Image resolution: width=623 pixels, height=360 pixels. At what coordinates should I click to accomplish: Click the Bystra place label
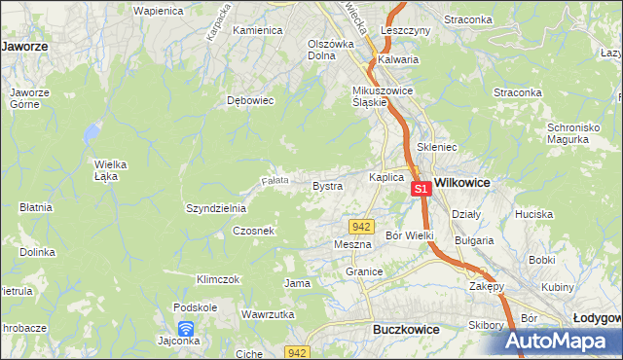tap(326, 185)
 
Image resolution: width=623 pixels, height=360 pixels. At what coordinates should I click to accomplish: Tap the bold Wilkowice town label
tap(461, 182)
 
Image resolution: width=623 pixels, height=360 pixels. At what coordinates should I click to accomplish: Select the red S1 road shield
tap(421, 188)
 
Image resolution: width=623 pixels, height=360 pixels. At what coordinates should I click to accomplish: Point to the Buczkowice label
tap(406, 330)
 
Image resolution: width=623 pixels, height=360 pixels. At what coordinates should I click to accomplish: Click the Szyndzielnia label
tap(216, 208)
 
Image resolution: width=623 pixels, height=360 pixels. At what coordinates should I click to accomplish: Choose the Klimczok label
tap(218, 279)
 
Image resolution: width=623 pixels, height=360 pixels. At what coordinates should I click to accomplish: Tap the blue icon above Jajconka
tap(186, 328)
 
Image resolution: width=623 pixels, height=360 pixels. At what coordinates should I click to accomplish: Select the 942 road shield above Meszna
tap(362, 226)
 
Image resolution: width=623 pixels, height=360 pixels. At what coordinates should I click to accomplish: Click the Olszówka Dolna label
tap(330, 50)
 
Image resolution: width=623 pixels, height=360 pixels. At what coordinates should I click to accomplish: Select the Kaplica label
tap(385, 177)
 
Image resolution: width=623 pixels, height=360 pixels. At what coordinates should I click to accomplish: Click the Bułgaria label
tap(475, 239)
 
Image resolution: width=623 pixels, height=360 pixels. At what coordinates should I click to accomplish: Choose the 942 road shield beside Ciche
tap(298, 351)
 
